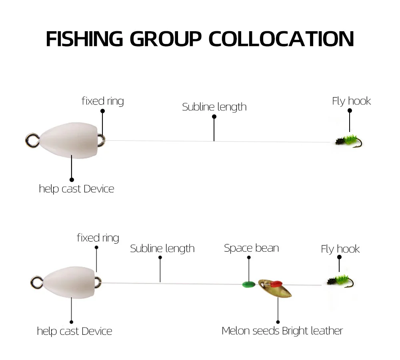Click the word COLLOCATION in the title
point(281,38)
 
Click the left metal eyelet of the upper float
point(32,139)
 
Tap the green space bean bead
point(249,285)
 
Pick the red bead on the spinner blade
point(274,284)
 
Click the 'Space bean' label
point(251,248)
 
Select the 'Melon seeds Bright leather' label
point(282,331)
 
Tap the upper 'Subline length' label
point(214,107)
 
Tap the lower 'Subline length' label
point(162,248)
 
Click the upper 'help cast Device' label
point(76,189)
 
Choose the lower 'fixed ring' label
point(98,238)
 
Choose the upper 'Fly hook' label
point(351,101)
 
